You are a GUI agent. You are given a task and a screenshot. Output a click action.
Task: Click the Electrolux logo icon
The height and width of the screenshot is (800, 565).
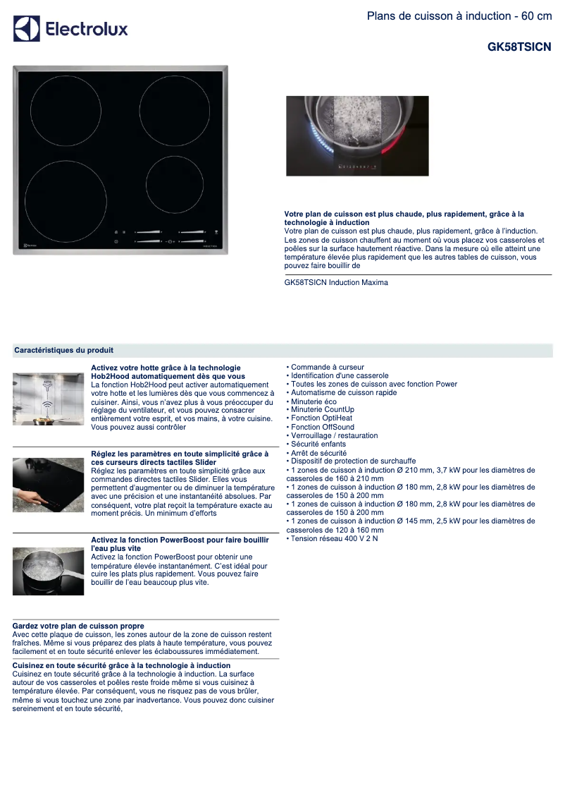(27, 29)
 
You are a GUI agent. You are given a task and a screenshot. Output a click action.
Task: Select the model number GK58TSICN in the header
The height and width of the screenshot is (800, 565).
(519, 47)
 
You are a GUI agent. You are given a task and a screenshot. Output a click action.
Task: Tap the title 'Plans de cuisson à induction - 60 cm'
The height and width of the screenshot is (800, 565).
(459, 16)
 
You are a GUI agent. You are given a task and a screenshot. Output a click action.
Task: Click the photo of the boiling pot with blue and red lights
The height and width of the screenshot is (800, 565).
(357, 136)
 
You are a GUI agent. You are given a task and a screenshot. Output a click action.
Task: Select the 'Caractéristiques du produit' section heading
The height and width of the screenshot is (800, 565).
(64, 350)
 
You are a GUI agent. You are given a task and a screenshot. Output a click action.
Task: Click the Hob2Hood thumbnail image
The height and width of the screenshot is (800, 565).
(48, 399)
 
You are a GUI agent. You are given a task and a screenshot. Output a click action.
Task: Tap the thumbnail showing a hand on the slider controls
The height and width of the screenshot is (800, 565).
(48, 485)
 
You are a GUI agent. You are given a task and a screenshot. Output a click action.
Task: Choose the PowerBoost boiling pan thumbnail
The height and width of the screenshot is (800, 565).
(48, 571)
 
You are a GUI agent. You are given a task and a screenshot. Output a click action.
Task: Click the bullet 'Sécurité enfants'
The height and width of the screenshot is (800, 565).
(318, 444)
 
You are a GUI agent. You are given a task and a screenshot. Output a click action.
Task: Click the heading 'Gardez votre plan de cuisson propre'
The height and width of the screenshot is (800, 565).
(78, 626)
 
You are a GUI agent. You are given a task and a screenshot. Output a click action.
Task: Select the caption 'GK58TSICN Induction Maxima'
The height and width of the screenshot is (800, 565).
(336, 282)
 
